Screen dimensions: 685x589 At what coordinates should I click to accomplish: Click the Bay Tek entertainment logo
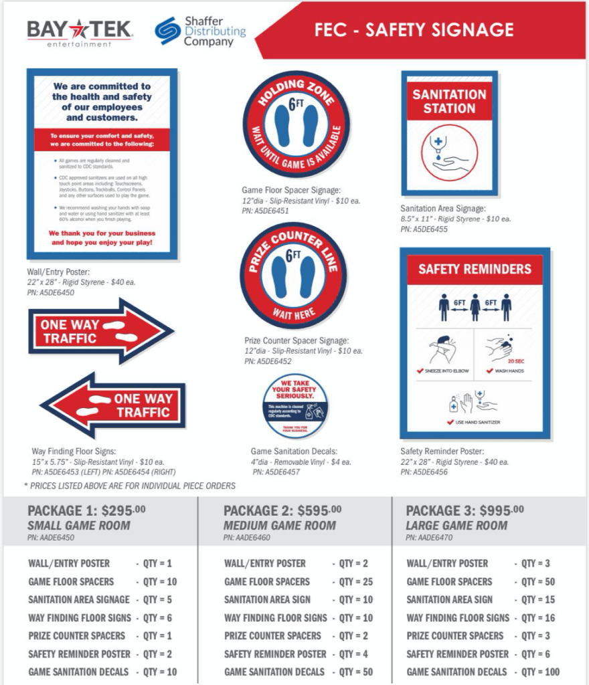click(80, 32)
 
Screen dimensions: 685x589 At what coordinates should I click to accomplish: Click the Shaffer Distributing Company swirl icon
click(167, 31)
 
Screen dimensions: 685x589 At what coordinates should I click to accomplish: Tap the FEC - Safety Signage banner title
click(414, 30)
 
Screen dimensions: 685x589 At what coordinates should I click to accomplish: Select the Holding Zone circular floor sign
click(296, 124)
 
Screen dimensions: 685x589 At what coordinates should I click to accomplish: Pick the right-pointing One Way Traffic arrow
click(100, 331)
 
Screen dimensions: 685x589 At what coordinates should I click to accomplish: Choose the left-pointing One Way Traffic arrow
click(114, 405)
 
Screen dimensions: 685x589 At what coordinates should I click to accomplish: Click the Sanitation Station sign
click(449, 132)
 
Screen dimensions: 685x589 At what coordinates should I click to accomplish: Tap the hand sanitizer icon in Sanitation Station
click(449, 153)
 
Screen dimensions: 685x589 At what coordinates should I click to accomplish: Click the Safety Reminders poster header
click(475, 269)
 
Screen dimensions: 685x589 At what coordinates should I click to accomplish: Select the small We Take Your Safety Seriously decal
click(295, 406)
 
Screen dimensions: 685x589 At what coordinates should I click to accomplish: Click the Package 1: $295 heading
click(86, 510)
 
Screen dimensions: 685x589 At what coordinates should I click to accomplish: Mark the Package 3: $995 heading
click(465, 510)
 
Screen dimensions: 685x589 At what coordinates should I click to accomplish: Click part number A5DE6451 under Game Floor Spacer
click(266, 211)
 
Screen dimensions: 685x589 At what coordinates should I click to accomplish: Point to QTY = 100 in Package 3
click(540, 672)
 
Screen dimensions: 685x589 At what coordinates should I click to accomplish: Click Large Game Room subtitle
click(456, 525)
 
